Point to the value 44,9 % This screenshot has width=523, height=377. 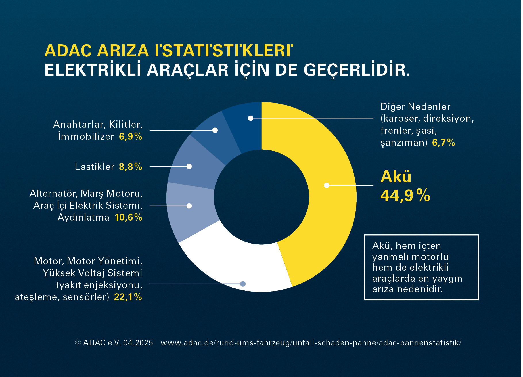coord(405,196)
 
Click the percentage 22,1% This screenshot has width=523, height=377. coord(128,297)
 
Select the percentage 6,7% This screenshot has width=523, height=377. coord(443,143)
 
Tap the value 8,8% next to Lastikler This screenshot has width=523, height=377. coord(131,167)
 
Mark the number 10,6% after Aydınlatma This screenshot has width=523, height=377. coord(128,217)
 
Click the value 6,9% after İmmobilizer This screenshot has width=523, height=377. coord(131,136)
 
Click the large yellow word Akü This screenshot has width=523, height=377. coord(396,176)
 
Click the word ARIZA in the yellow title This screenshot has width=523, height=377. coord(123,51)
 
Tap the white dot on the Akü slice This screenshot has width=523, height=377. coord(327,185)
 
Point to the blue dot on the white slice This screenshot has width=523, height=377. coord(243,284)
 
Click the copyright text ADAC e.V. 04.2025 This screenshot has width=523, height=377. coord(114,343)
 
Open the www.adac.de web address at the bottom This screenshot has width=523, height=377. coord(311,343)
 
